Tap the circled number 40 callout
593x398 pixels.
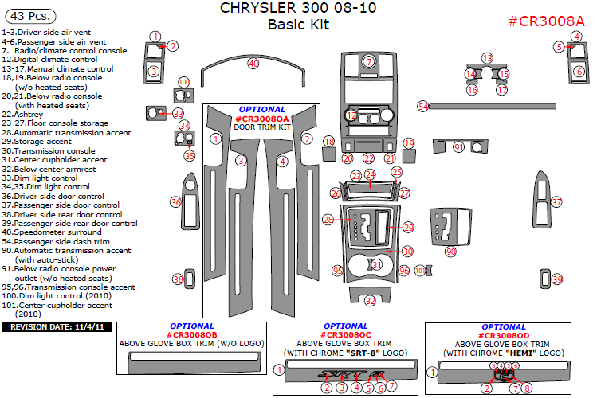tap(253, 63)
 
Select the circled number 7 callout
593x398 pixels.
tap(369, 61)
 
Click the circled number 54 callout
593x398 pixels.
tap(424, 106)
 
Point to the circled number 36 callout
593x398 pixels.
tap(176, 203)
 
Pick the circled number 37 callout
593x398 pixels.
tap(557, 202)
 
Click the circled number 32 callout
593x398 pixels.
tap(370, 300)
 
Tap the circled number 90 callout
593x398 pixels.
tap(450, 252)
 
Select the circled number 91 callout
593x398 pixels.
tap(458, 147)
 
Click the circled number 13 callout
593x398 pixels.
tap(488, 60)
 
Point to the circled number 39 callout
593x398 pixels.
tap(557, 279)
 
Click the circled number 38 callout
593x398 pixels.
tap(179, 279)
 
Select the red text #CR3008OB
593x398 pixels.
tap(192, 334)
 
